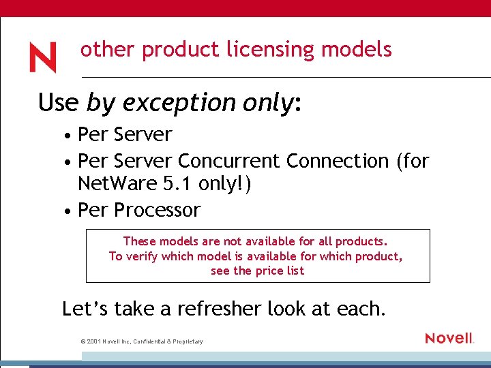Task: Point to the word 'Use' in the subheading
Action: pos(58,103)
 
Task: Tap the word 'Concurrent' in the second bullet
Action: pos(228,162)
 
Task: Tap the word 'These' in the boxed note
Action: pos(139,241)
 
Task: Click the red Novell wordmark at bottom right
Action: pos(449,338)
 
